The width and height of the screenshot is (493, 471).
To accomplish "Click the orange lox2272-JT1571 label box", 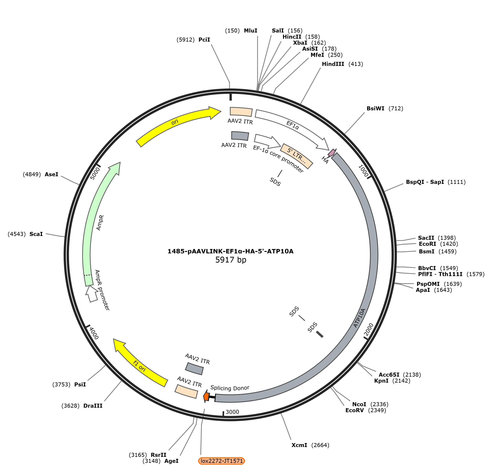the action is [221, 461].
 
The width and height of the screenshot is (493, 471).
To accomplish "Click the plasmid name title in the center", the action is [231, 251].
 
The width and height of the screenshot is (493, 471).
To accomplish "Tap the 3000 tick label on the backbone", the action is [232, 412].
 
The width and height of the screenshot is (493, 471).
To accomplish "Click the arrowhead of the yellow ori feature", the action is [214, 113].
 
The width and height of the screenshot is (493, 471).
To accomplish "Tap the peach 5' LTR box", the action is [297, 156].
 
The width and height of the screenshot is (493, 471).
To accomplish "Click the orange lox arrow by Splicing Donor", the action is [206, 397].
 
